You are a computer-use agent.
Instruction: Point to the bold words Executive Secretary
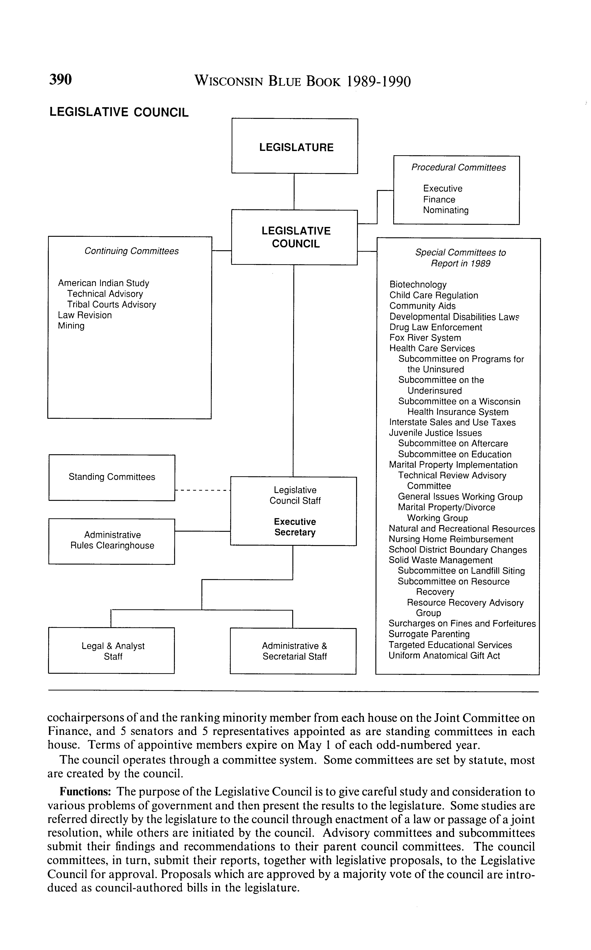(295, 527)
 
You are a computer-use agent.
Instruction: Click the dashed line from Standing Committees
(203, 490)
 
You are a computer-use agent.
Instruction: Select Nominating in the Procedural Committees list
(446, 210)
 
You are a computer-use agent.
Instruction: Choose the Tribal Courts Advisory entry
(111, 304)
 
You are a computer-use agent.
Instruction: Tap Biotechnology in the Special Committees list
(418, 285)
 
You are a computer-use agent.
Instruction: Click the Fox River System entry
(425, 338)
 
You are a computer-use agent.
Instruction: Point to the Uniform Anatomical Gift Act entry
(444, 656)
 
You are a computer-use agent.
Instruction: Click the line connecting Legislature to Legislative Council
(294, 192)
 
